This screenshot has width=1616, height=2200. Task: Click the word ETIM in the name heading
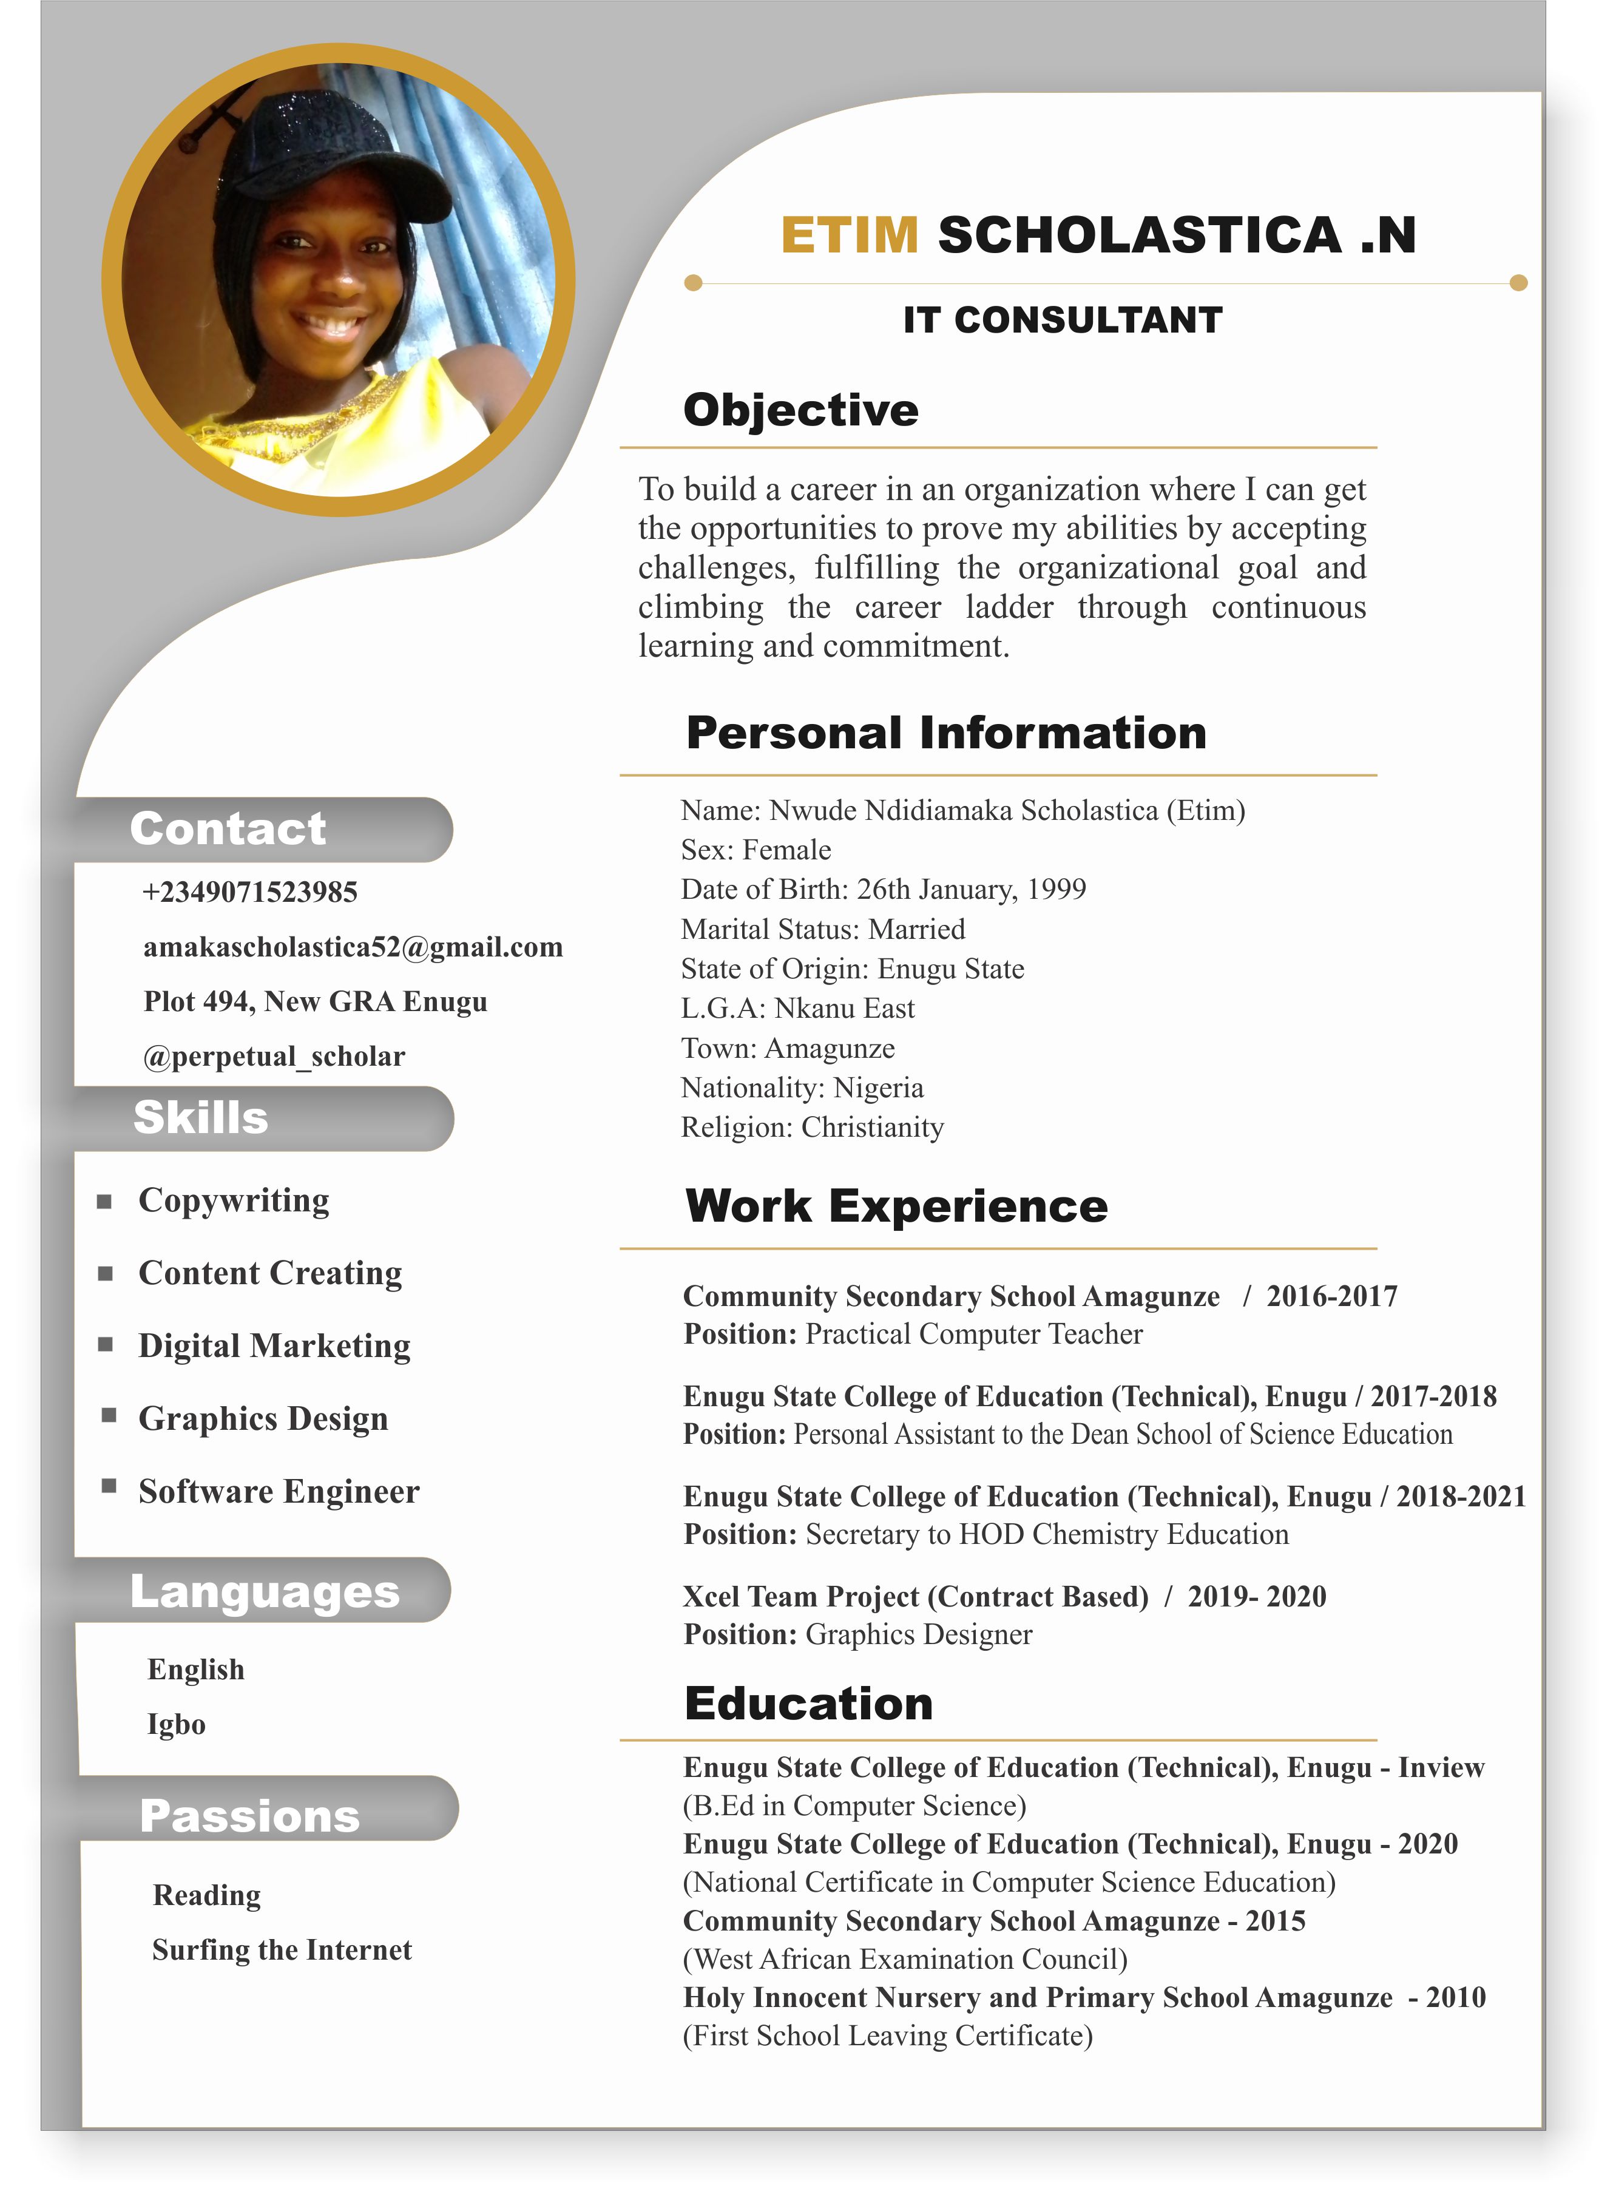pos(849,235)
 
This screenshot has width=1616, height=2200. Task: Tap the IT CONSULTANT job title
pos(1063,320)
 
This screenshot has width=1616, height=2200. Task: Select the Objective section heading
pos(800,410)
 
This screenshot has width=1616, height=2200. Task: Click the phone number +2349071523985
pos(251,892)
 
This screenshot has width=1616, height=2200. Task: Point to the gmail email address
pos(353,947)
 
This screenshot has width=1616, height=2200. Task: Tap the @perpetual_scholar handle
pos(274,1057)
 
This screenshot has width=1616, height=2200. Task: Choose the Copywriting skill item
pos(234,1200)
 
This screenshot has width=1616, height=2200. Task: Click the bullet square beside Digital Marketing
pos(106,1344)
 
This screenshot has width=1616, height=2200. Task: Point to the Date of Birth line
pos(884,889)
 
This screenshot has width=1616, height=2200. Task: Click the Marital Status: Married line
pos(823,929)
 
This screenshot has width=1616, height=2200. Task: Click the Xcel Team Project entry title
pos(916,1597)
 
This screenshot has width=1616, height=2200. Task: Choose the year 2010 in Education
pos(1456,1997)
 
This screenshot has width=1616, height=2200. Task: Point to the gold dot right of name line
pos(1518,283)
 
